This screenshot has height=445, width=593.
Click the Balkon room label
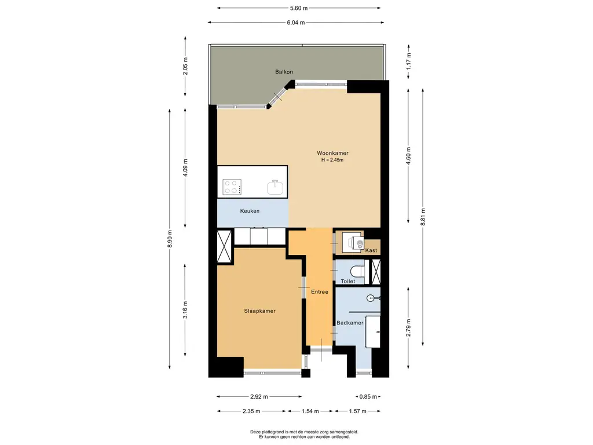click(284, 71)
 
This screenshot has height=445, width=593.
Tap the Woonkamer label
click(332, 153)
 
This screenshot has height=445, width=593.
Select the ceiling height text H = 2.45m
click(332, 160)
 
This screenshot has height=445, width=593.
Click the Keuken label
click(250, 211)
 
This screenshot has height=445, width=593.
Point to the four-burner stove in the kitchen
click(232, 187)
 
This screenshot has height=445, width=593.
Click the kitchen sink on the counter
click(275, 187)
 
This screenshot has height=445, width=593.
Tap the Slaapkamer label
click(259, 311)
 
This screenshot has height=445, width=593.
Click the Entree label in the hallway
click(320, 292)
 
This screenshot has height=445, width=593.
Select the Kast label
click(371, 250)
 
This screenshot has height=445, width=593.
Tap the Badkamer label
click(350, 323)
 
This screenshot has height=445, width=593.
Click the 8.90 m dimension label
click(170, 239)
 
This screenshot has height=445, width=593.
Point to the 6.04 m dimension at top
click(296, 23)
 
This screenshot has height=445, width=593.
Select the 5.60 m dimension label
click(299, 8)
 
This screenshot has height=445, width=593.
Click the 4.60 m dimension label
click(408, 156)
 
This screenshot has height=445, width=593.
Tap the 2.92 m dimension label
click(259, 396)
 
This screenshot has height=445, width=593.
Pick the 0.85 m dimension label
click(368, 396)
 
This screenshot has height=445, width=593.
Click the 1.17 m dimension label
click(408, 60)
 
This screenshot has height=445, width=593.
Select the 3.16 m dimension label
click(185, 310)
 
